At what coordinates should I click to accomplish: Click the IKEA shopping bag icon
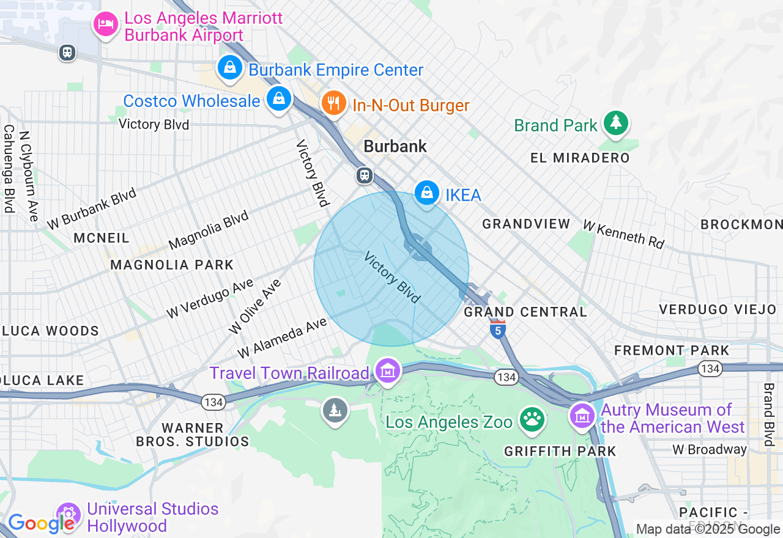click(x=427, y=193)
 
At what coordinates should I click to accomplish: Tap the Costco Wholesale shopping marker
click(x=279, y=98)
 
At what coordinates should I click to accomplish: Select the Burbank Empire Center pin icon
click(x=230, y=67)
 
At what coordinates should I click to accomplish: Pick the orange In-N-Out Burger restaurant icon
click(x=333, y=103)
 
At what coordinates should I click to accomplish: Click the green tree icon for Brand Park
click(x=615, y=123)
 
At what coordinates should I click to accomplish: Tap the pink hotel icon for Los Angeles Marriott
click(x=106, y=24)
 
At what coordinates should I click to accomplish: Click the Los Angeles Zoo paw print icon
click(x=532, y=420)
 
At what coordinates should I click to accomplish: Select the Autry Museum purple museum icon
click(x=582, y=416)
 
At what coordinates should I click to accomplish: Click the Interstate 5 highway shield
click(x=498, y=330)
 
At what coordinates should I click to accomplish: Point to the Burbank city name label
click(x=395, y=146)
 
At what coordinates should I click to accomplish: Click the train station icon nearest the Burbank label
click(x=365, y=176)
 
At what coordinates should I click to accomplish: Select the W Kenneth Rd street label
click(x=623, y=234)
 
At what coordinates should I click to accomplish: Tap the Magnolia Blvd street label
click(x=209, y=230)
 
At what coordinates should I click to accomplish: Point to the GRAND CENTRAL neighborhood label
click(x=525, y=312)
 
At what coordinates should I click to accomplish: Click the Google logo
click(x=40, y=523)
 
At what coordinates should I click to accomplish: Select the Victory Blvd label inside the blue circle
click(x=392, y=277)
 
